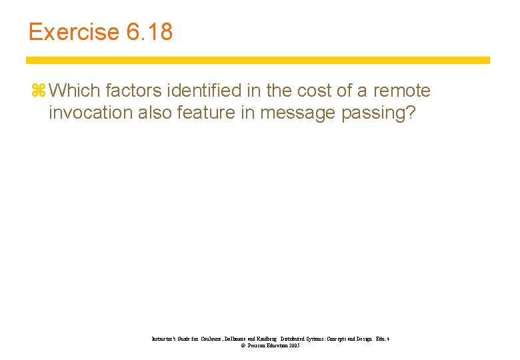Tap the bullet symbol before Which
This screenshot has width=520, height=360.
36,91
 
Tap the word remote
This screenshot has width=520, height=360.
402,91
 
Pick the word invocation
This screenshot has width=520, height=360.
91,113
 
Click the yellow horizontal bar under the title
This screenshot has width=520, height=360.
257,60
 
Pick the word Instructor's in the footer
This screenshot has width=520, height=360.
167,339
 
